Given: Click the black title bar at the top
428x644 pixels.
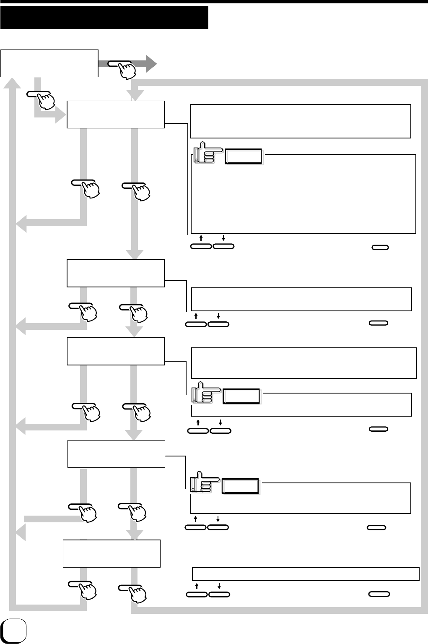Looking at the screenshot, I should tap(104, 17).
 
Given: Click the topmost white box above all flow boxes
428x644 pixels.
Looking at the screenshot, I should tap(49, 63).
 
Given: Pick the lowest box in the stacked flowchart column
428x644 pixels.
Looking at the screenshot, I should tap(112, 553).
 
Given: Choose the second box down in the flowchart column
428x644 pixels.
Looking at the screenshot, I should tap(116, 273).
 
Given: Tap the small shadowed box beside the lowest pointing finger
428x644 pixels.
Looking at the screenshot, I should tap(240, 486).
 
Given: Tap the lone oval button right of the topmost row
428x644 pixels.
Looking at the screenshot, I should tap(380, 248).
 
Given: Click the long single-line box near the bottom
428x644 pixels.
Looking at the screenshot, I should tap(306, 574).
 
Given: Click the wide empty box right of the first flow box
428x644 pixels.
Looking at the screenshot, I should tap(300, 121).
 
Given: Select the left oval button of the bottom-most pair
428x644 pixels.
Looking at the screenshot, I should tap(197, 594).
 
